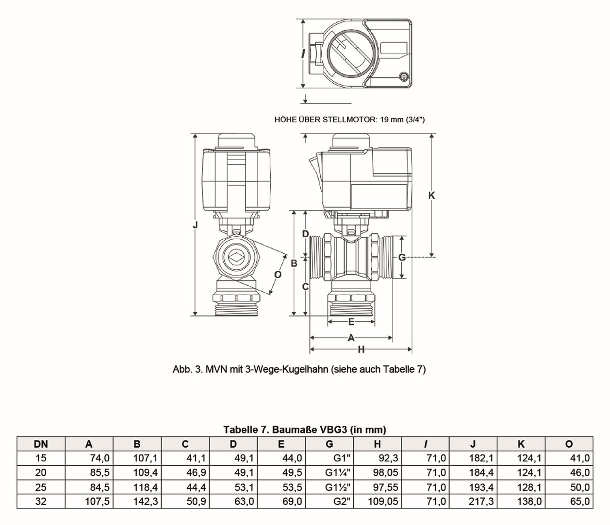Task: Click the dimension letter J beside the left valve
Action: point(195,225)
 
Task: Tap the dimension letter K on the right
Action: point(431,195)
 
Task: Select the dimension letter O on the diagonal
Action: point(278,275)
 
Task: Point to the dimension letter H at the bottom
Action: point(361,349)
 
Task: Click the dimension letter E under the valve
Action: point(351,322)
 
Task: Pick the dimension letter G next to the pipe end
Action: point(402,257)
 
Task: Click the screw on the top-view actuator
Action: point(404,77)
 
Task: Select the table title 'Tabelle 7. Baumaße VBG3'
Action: point(305,430)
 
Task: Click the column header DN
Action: point(41,444)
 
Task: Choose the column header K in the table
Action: point(521,444)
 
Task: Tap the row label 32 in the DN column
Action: point(41,501)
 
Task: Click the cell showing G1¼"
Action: point(338,472)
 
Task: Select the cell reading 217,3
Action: point(481,501)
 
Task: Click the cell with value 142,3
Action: point(145,501)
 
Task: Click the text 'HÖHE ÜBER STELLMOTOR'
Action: point(325,120)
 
